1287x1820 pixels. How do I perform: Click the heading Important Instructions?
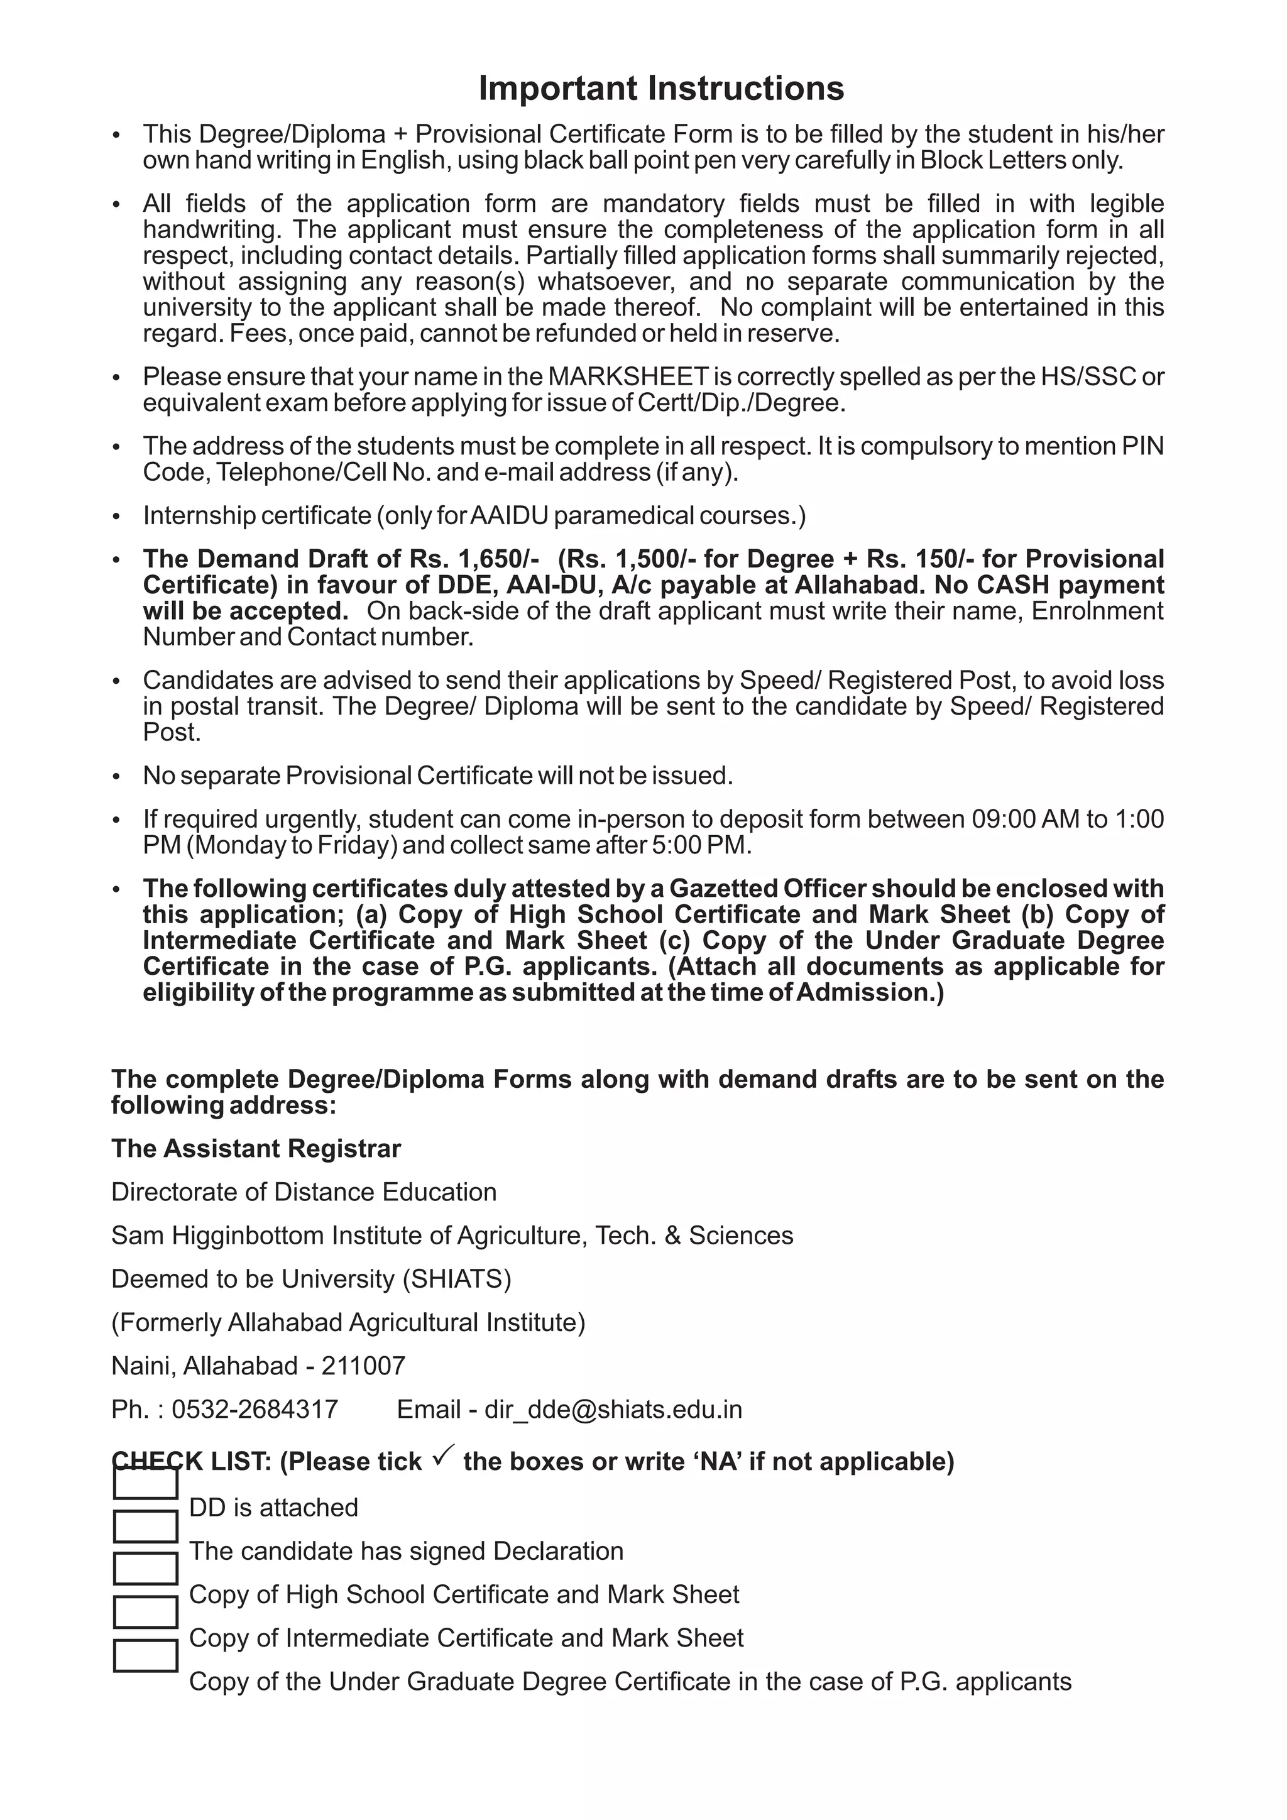pyautogui.click(x=661, y=88)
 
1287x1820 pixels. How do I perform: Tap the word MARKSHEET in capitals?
pyautogui.click(x=628, y=376)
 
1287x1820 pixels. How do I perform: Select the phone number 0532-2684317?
pyautogui.click(x=255, y=1408)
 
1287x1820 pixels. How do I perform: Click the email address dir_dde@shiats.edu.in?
pyautogui.click(x=613, y=1408)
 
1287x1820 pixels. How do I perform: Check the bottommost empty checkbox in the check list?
pyautogui.click(x=145, y=1656)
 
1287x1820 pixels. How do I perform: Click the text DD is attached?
pyautogui.click(x=273, y=1507)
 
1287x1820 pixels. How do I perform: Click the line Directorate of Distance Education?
pyautogui.click(x=304, y=1192)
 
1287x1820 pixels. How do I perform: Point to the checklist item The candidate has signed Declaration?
pyautogui.click(x=406, y=1550)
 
